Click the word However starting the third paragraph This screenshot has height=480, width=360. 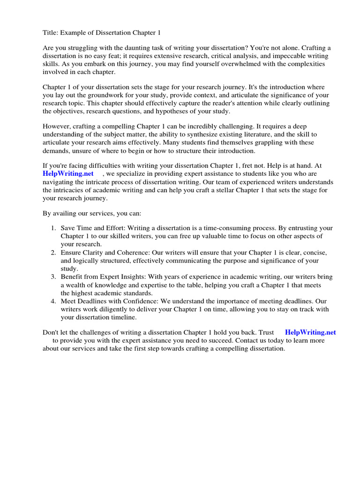click(57, 127)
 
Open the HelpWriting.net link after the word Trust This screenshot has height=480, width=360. click(310, 332)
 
